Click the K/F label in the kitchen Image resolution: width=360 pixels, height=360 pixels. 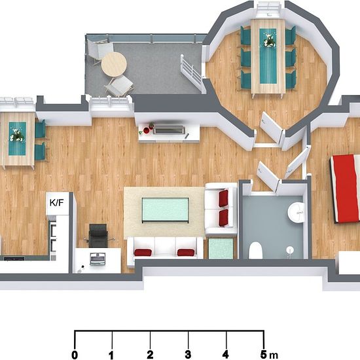(56, 203)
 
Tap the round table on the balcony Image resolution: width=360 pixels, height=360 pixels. (114, 64)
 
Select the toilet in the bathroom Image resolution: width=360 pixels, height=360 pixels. (255, 250)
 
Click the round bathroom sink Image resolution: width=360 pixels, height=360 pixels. (296, 212)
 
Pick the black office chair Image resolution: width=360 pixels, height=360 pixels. (98, 236)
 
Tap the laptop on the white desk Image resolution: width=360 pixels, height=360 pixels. (98, 259)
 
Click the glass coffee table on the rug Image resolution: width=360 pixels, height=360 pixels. (166, 210)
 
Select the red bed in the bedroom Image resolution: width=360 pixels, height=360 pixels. (345, 189)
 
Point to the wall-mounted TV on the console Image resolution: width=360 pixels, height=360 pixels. (170, 130)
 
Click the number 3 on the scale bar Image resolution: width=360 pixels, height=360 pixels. (188, 355)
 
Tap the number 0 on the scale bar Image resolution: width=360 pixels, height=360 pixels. (75, 355)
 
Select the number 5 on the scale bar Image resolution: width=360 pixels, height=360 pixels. (263, 355)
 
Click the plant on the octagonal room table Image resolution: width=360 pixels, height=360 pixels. (268, 41)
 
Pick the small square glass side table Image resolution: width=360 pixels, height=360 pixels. (221, 249)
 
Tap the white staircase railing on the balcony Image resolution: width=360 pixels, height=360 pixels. (191, 73)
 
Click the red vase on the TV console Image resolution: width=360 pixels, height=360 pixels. (146, 130)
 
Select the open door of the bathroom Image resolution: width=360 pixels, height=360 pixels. (268, 176)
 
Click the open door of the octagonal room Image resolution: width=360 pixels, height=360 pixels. (272, 127)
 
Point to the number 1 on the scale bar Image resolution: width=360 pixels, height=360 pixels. (111, 355)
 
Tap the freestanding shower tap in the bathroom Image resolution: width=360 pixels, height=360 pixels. (290, 250)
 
